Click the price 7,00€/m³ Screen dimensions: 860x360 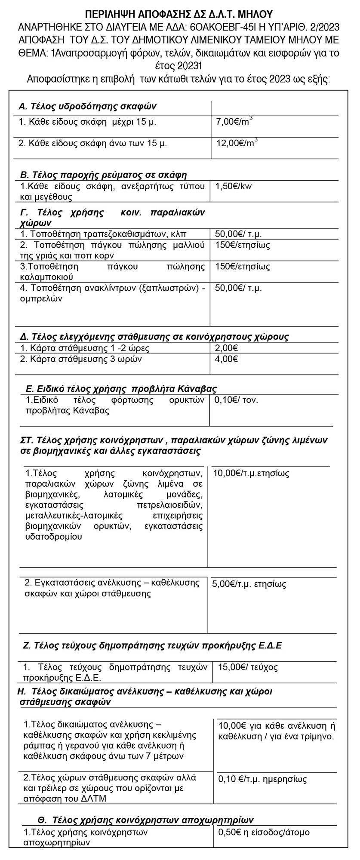pos(234,122)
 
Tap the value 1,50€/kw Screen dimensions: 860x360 pos(232,187)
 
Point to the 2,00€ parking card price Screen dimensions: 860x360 pos(227,348)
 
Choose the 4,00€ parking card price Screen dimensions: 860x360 pos(227,359)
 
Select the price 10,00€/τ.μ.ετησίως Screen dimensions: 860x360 pos(251,473)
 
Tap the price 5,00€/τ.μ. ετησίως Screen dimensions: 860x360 pos(249,584)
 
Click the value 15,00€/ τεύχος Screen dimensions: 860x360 pos(248,667)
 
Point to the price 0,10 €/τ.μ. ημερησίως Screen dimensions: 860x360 pos(262,779)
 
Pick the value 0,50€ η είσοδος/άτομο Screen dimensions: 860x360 pos(264,832)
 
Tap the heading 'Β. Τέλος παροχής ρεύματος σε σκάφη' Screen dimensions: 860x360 pos(104,175)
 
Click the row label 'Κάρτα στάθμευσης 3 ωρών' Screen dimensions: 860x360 pos(81,359)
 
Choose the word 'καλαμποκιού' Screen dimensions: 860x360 pos(47,276)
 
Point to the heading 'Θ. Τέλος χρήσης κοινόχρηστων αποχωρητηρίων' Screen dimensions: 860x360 pos(146,820)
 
